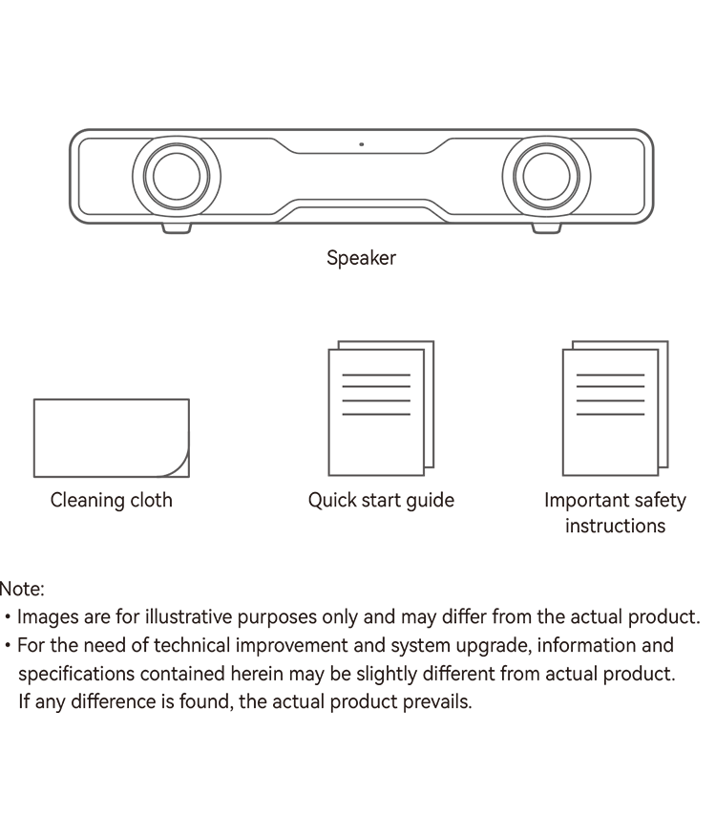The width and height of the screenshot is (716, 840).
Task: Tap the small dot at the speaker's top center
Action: click(x=362, y=144)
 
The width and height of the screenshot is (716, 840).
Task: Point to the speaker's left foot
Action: click(x=177, y=228)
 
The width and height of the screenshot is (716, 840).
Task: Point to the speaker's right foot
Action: click(x=546, y=228)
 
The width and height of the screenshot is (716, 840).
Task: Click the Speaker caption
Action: click(x=361, y=258)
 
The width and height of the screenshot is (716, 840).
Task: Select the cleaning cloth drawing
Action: click(x=112, y=438)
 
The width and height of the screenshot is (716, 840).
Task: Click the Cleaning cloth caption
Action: click(x=112, y=500)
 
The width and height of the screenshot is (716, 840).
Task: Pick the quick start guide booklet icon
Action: click(x=381, y=408)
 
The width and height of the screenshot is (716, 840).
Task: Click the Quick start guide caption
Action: click(x=381, y=501)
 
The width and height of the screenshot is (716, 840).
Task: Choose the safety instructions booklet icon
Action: click(x=616, y=408)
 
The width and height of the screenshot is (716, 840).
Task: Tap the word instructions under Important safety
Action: click(x=616, y=526)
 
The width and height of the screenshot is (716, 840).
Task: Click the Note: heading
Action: click(x=21, y=589)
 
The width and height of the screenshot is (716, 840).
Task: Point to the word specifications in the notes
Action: click(x=76, y=674)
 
